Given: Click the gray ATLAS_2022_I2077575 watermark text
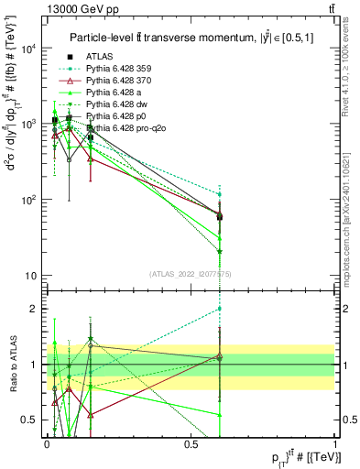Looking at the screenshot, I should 190,274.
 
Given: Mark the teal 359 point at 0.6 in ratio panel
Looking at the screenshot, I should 220,309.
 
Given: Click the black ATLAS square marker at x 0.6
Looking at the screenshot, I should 220,216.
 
